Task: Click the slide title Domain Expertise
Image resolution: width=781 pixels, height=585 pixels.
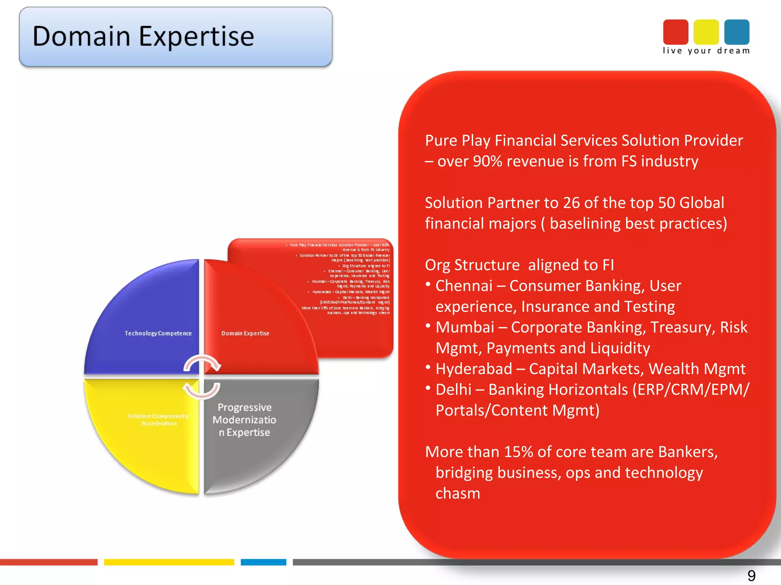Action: (x=143, y=37)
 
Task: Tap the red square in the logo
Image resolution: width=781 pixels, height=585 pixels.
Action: (x=675, y=32)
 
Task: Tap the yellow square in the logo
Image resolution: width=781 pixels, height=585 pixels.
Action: (x=706, y=32)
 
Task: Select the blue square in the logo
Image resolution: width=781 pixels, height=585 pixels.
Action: (x=736, y=32)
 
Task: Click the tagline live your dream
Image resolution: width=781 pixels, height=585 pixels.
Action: (x=706, y=51)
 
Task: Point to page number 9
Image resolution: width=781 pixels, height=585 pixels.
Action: (x=751, y=575)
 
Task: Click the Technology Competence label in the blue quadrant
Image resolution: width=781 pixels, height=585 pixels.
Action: (x=158, y=333)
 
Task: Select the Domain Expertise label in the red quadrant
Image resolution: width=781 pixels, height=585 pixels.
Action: (x=245, y=333)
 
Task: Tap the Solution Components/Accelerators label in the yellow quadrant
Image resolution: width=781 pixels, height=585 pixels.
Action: (x=159, y=419)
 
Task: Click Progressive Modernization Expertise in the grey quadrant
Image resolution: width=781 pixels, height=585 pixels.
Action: (x=244, y=420)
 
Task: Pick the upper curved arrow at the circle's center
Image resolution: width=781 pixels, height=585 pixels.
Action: (x=202, y=363)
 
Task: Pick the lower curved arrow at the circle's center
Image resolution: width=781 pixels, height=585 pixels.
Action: (x=201, y=391)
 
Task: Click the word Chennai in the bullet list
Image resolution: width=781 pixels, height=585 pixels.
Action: (x=464, y=286)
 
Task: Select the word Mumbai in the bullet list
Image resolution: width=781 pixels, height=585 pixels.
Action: (x=464, y=328)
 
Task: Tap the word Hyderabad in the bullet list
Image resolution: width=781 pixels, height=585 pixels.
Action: (x=474, y=369)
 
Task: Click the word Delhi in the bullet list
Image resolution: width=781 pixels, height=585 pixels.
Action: (x=453, y=390)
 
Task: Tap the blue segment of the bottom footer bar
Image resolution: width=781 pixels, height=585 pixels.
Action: (x=263, y=562)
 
